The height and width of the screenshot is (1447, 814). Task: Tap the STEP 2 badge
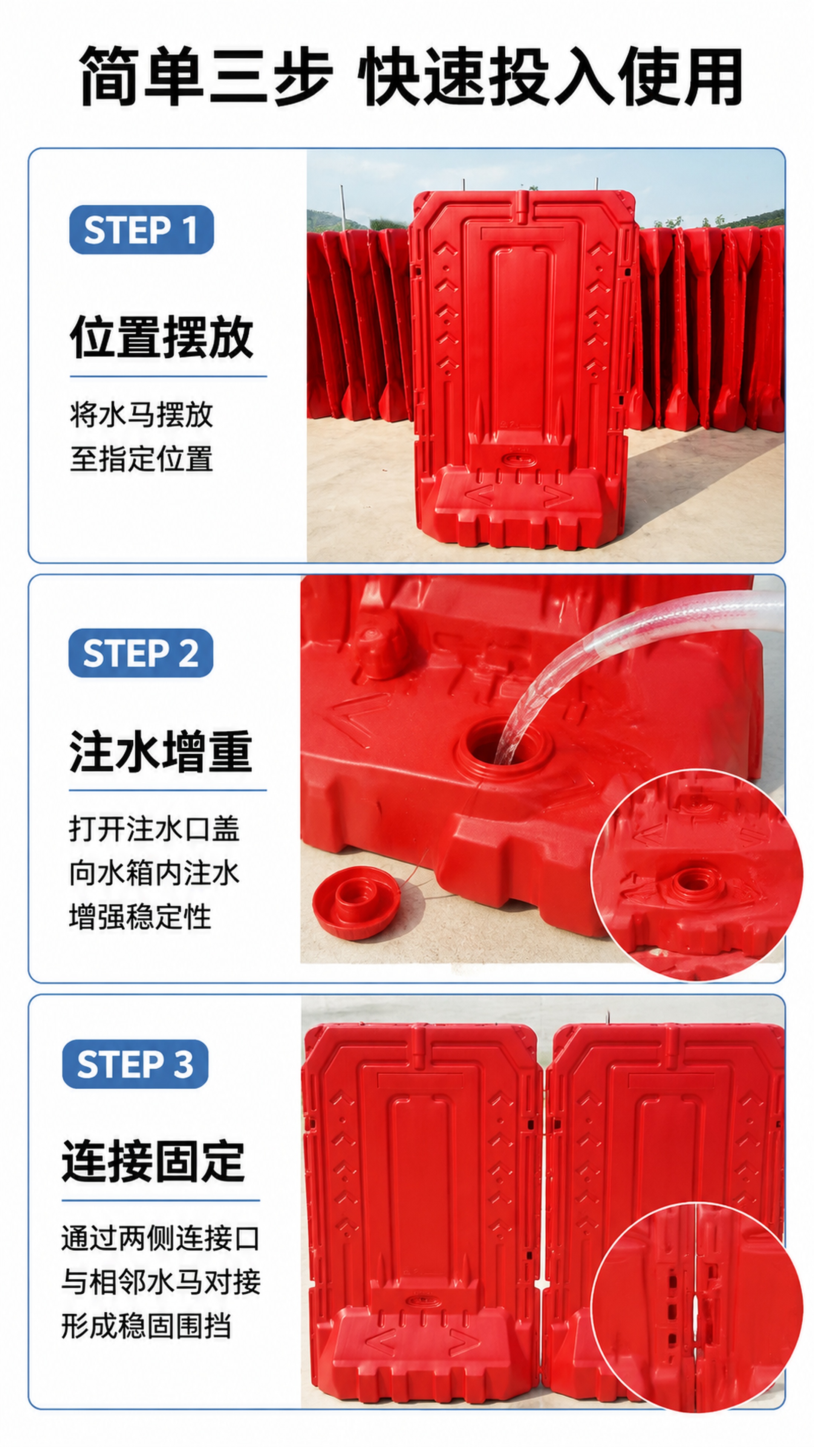point(141,653)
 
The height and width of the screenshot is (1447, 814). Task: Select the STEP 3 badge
point(135,1064)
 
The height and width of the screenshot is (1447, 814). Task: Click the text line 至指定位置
point(142,459)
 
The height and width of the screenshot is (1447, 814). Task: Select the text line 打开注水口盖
point(155,829)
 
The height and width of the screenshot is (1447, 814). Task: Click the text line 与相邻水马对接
point(161,1282)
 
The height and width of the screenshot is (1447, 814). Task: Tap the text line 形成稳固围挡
point(146,1326)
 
